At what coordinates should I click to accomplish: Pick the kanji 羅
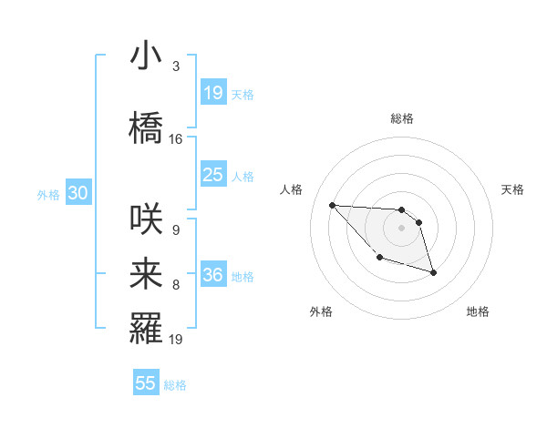[x=146, y=330]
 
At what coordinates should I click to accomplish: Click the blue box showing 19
[x=212, y=92]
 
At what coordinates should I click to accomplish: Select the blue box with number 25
[x=212, y=174]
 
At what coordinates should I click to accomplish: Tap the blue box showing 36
[x=212, y=274]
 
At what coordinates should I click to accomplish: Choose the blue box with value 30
[x=77, y=193]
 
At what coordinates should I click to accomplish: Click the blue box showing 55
[x=146, y=383]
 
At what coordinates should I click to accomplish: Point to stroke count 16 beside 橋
[x=176, y=139]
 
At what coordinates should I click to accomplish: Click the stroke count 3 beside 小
[x=175, y=66]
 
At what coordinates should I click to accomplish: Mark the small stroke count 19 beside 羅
[x=176, y=340]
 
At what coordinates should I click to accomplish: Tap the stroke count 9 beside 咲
[x=175, y=230]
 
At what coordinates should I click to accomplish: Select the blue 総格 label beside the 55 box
[x=175, y=385]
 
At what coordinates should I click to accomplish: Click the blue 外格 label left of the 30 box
[x=48, y=194]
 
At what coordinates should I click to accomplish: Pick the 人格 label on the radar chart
[x=292, y=189]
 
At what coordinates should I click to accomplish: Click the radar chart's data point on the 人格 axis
[x=332, y=205]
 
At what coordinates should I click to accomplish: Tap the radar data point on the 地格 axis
[x=433, y=272]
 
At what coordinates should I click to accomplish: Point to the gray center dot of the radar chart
[x=401, y=228]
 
